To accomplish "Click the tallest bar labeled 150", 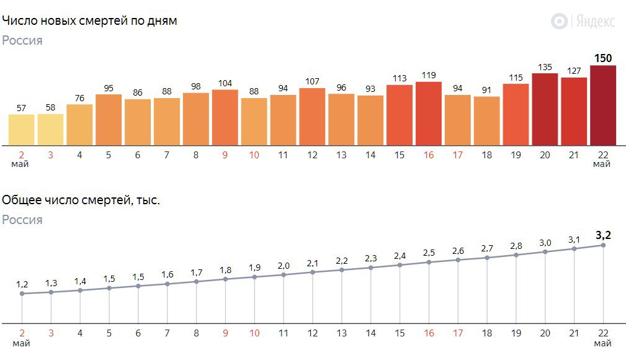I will (x=602, y=105).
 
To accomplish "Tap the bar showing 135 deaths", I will (x=545, y=109).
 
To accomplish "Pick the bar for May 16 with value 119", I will (x=428, y=113).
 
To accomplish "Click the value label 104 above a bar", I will (x=225, y=83).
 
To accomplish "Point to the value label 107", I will (x=312, y=81).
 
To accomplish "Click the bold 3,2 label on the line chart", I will (x=602, y=235).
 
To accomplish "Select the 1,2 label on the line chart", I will (x=22, y=284).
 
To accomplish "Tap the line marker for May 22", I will (x=603, y=245).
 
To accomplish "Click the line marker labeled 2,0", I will (x=284, y=274).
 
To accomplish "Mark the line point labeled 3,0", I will (x=545, y=251).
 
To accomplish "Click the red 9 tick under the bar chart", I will (x=225, y=155).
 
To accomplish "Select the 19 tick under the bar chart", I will (x=516, y=155).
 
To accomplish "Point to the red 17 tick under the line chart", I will (x=457, y=333).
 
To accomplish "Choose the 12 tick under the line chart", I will (x=312, y=333).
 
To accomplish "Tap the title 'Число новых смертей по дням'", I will (x=90, y=21).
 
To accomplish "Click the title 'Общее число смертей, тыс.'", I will (x=81, y=200).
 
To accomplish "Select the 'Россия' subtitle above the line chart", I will (x=22, y=220).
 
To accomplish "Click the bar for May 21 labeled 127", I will (x=574, y=111).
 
